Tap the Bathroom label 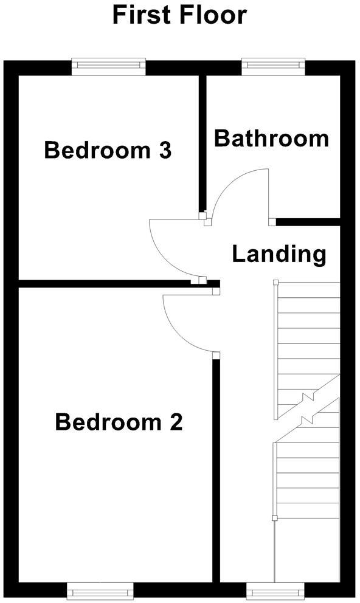(x=271, y=139)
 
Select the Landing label (x=279, y=253)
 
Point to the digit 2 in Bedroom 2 (x=176, y=422)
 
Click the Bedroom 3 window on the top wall (x=109, y=66)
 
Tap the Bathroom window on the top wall (x=273, y=66)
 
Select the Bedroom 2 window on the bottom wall (x=100, y=589)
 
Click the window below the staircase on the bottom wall (x=275, y=589)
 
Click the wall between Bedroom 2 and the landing (x=215, y=468)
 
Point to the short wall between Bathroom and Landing (x=307, y=222)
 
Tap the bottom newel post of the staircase (x=275, y=519)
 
